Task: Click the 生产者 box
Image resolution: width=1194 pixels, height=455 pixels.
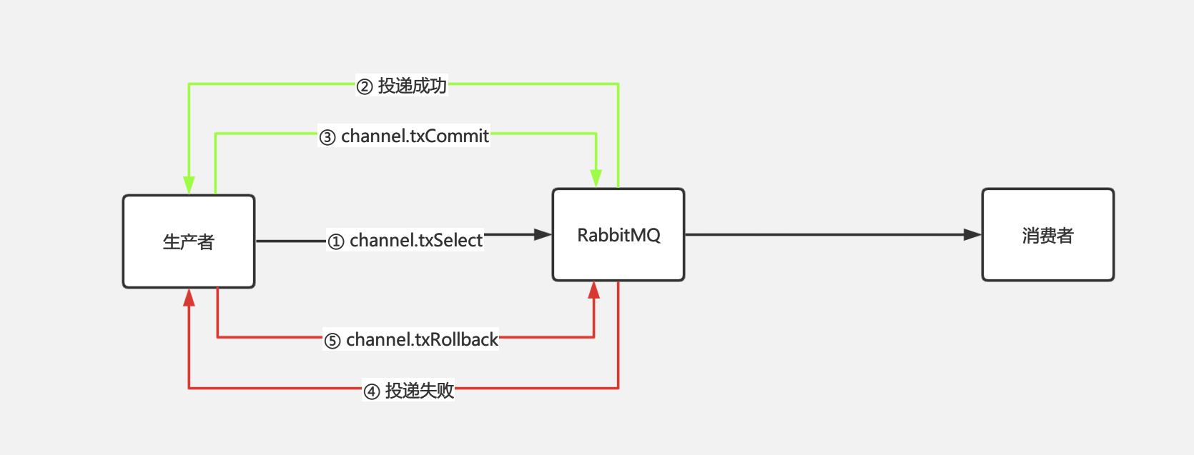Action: [189, 241]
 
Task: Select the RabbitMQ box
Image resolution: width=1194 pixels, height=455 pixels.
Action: [618, 234]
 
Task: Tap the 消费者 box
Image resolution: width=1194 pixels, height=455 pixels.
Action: [1048, 234]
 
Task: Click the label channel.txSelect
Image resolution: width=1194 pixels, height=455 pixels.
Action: [416, 240]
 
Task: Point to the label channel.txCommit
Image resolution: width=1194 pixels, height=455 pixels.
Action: [415, 136]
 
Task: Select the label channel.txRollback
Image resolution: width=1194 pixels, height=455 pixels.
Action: [422, 339]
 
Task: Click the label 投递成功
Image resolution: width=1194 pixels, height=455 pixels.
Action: [412, 86]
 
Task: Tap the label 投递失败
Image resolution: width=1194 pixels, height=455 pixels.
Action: [420, 391]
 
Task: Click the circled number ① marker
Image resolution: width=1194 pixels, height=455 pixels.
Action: [336, 242]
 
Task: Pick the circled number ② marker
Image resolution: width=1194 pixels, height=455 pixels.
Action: [365, 87]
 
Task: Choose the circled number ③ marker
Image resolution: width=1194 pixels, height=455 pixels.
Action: [327, 137]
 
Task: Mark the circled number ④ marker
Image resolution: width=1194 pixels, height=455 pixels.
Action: [372, 392]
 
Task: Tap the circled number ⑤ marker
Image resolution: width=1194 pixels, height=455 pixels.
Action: [332, 341]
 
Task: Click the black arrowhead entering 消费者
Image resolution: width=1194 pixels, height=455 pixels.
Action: [972, 234]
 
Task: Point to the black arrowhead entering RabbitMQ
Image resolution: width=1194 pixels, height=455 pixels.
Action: [543, 234]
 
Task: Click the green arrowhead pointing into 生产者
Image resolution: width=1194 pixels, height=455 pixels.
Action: [189, 186]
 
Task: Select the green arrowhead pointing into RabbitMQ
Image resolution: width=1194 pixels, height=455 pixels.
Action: [596, 179]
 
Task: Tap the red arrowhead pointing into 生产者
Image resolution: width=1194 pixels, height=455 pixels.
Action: [189, 297]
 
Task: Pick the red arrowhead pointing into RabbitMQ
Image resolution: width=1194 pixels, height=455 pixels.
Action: [594, 290]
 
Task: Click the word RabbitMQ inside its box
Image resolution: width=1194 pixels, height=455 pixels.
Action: [618, 235]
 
